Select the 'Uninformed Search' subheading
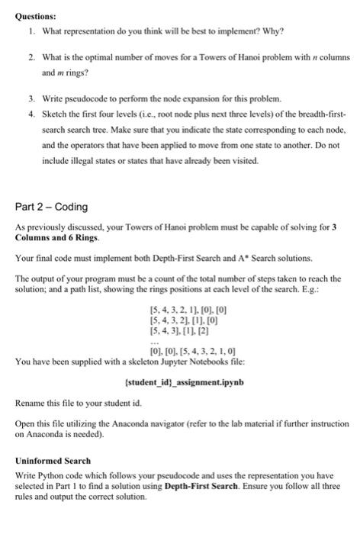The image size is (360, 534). (x=53, y=461)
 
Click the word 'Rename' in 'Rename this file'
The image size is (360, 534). (x=31, y=403)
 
